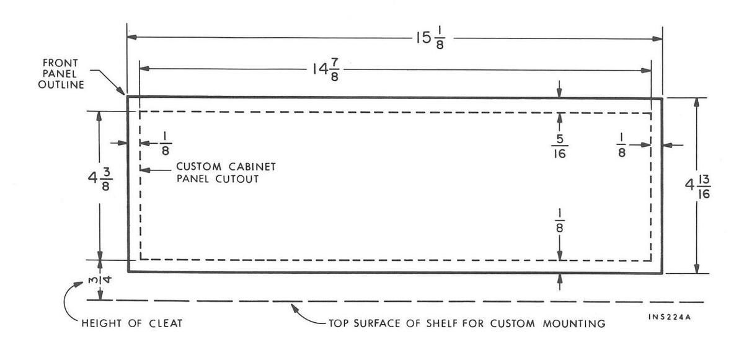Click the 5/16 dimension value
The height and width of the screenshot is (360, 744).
point(559,146)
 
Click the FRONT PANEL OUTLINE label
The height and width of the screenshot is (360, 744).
point(63,74)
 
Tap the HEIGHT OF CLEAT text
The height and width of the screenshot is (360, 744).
point(131,323)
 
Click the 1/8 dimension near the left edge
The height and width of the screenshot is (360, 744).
point(164,144)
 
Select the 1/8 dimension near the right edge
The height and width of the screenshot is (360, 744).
point(621,144)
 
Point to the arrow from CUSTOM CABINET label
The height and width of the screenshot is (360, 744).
point(149,170)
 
